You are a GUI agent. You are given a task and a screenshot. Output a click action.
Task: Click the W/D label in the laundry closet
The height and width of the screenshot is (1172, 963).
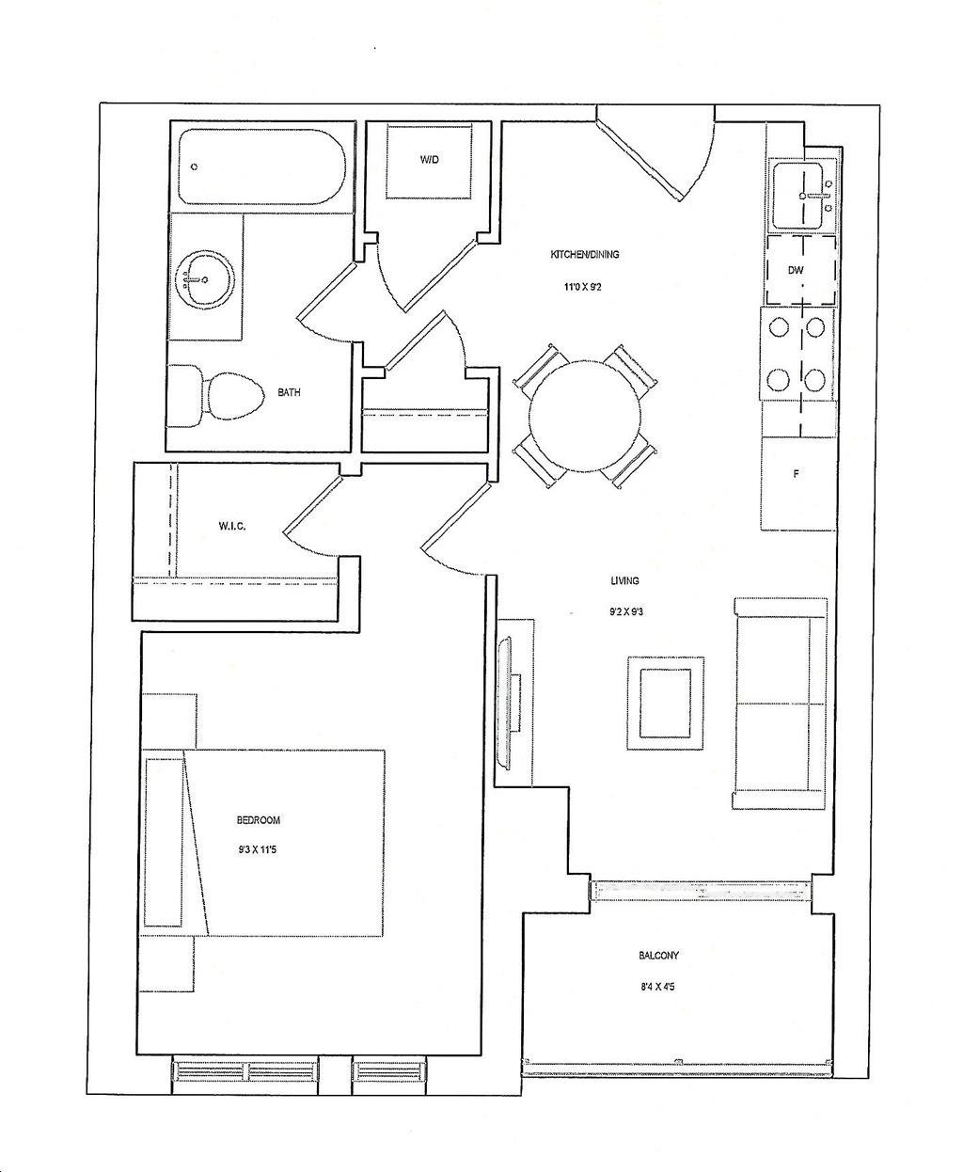(429, 160)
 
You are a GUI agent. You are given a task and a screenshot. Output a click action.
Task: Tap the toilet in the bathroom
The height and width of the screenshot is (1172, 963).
(215, 396)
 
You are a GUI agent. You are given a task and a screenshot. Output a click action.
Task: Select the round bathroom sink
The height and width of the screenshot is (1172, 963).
(199, 277)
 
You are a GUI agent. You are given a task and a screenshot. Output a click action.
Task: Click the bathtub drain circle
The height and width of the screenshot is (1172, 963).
(195, 166)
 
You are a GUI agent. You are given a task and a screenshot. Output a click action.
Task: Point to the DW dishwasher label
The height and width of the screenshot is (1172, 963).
(796, 270)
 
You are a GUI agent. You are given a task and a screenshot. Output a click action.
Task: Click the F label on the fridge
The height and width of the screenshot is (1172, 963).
(797, 474)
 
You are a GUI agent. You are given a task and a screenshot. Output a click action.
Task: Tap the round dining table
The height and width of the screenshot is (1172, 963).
(586, 417)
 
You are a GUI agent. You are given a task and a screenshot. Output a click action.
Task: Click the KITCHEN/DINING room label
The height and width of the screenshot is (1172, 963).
(584, 255)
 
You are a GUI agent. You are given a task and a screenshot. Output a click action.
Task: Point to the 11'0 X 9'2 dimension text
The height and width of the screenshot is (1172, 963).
(583, 288)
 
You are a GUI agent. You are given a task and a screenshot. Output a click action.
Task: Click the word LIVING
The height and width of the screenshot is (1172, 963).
(624, 580)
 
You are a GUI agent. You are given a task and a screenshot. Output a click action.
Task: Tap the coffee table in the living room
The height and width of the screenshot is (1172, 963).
(666, 703)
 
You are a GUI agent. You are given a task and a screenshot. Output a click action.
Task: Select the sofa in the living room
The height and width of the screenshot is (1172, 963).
(781, 704)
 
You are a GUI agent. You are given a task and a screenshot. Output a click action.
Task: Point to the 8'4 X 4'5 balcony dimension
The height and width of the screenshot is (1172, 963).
(657, 988)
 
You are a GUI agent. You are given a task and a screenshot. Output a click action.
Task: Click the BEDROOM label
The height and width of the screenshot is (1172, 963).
(259, 820)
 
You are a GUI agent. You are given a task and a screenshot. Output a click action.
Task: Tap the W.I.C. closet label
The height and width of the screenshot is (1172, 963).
(231, 526)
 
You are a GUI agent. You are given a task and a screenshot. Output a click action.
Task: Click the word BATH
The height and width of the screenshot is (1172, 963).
(289, 392)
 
